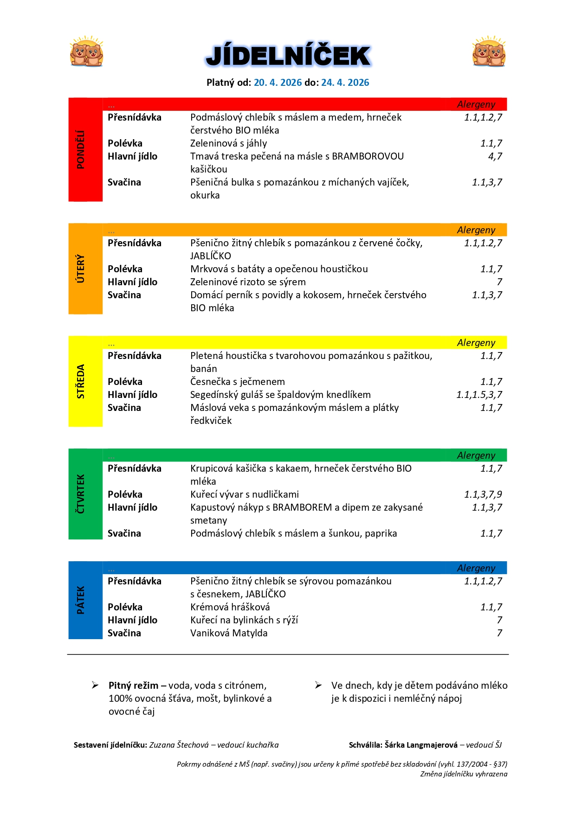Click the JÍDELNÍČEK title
coord(288,56)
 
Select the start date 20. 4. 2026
coord(278,83)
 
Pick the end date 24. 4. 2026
coord(345,83)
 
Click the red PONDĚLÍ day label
coord(81,149)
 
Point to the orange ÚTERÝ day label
coord(81,269)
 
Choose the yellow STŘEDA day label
coord(81,381)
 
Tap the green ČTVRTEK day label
coord(81,494)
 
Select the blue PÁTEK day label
coord(81,600)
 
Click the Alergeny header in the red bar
coord(476,104)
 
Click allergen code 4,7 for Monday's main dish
coord(495,156)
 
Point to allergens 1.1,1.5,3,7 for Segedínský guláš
coord(479,395)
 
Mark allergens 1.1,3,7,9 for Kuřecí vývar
coord(483,494)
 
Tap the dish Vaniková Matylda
coord(229,633)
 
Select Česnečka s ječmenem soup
coord(237,382)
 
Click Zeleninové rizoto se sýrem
coord(248,282)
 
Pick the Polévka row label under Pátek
coord(125,607)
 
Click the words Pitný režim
coord(133,686)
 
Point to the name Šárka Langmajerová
coord(421,745)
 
